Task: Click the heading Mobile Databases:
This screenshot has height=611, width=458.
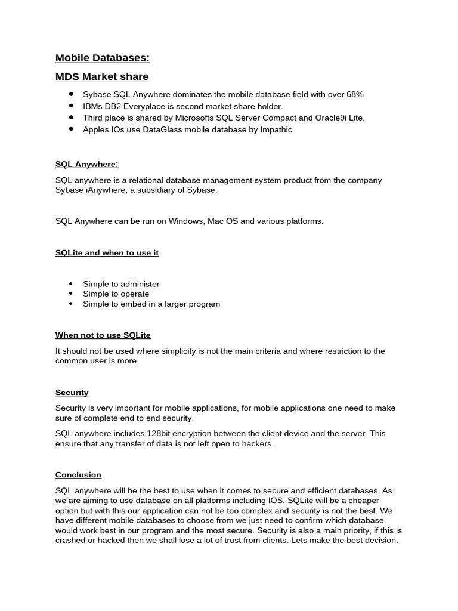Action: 102,58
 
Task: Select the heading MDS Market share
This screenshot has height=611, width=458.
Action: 101,76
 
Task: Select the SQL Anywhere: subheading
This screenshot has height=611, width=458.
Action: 86,164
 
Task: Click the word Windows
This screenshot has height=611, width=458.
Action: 185,221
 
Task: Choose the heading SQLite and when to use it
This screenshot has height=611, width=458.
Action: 107,252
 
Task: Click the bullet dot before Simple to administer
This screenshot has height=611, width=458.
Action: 71,284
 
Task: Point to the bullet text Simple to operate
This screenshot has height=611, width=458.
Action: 116,294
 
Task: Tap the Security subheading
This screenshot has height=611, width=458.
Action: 72,392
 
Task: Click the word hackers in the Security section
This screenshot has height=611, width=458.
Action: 257,443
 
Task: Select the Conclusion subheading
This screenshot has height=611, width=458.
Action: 78,474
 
